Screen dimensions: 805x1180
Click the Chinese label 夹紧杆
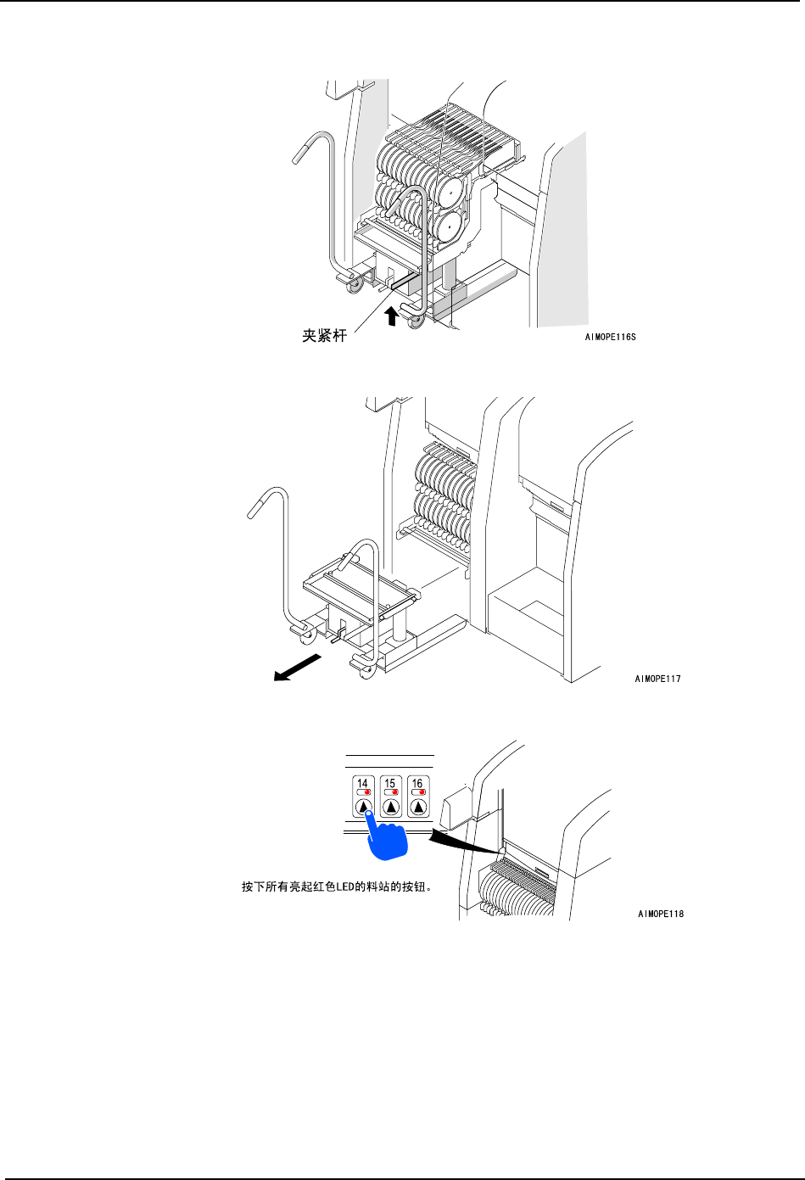[325, 336]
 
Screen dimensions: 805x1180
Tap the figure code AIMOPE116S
[610, 337]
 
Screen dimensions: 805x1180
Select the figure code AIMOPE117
[657, 679]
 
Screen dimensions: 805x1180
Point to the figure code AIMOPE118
[661, 914]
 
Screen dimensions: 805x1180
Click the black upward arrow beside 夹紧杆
[391, 316]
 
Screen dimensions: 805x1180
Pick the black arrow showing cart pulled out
[296, 667]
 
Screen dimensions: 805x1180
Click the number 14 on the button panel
[363, 783]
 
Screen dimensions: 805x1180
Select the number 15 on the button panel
[390, 783]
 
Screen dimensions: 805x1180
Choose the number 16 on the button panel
[417, 783]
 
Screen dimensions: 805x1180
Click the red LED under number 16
[422, 792]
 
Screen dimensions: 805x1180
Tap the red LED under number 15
[394, 792]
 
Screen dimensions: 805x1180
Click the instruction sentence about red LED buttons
[338, 887]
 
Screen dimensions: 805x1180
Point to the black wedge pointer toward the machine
[459, 839]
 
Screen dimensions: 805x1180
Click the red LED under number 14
[367, 792]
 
